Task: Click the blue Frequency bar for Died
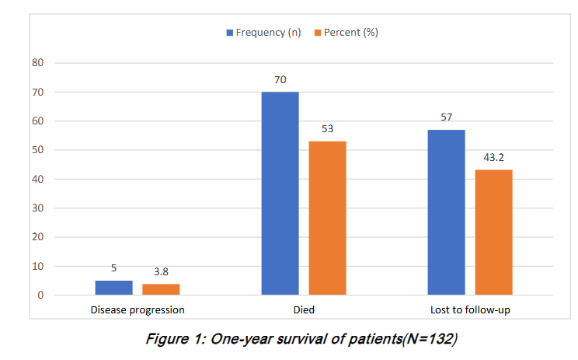point(280,194)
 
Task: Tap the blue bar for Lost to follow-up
point(447,212)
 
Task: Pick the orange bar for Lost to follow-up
point(493,232)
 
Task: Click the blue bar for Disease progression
point(113,288)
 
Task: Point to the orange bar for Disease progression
point(161,289)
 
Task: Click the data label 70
point(280,79)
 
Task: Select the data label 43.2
point(493,157)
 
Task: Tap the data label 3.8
point(161,271)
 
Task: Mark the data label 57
point(447,117)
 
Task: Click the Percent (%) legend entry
point(345,33)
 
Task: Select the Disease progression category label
point(138,309)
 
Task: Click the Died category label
point(303,309)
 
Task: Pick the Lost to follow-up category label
point(470,309)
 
